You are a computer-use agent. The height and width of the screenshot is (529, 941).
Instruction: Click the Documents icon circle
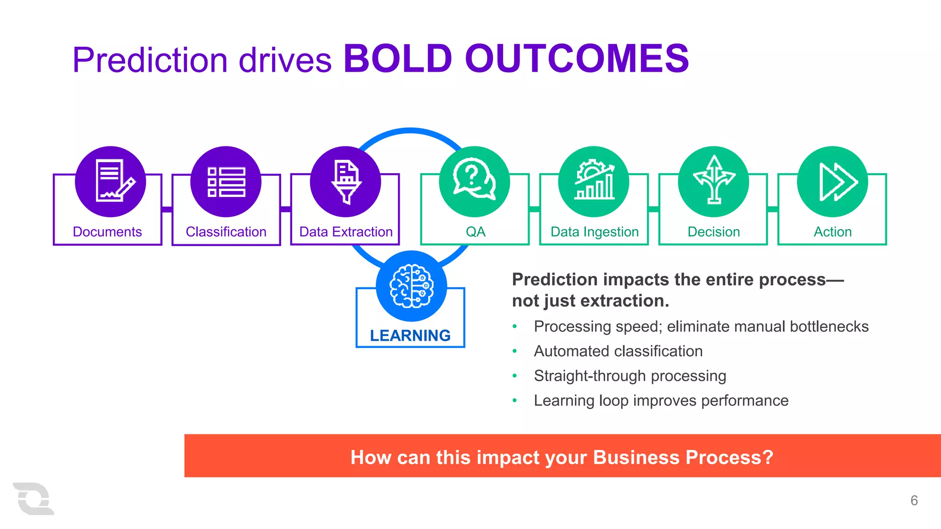tap(110, 181)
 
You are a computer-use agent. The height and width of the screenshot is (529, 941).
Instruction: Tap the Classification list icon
tap(226, 181)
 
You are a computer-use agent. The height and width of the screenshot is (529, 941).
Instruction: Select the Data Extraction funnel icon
tap(346, 181)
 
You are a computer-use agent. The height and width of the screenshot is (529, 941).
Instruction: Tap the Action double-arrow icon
tap(833, 181)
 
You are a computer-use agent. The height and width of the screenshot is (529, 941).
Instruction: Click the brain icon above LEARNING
tap(411, 286)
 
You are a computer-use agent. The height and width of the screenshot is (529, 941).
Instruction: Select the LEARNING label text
tap(410, 336)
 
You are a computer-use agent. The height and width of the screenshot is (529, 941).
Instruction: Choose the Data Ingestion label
tap(595, 232)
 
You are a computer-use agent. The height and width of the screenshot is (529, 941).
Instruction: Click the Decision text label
tap(714, 232)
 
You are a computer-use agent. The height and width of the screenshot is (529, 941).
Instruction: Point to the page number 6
tap(914, 501)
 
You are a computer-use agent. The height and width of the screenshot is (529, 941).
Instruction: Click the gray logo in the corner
tap(33, 499)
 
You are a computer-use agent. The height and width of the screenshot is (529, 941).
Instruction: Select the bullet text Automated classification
tap(618, 351)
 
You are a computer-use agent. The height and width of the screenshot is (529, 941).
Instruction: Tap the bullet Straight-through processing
tap(630, 376)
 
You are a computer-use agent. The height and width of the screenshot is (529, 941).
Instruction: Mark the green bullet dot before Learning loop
tap(515, 401)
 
